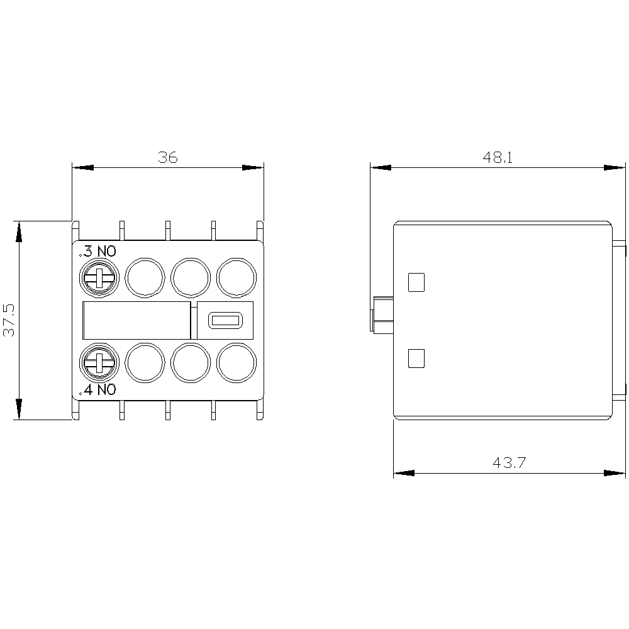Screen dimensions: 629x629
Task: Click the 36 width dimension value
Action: point(168,157)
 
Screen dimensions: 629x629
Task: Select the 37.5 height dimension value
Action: point(9,320)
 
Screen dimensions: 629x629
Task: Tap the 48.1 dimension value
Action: point(498,157)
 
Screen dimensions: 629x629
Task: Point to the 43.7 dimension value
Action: point(509,462)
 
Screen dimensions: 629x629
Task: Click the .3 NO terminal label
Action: point(97,252)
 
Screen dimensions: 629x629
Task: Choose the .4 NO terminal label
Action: point(97,389)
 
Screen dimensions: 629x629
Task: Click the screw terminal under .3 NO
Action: point(99,277)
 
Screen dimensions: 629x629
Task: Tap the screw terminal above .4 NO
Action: point(99,363)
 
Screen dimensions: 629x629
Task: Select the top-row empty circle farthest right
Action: point(237,277)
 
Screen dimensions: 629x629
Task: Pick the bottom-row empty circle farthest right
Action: point(237,363)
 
